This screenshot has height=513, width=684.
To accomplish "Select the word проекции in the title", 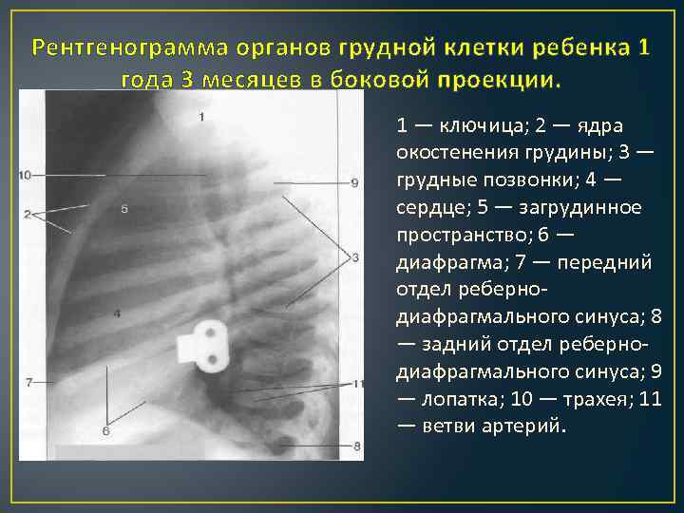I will pos(508,79).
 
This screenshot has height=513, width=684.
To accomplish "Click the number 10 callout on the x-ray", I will pos(25,175).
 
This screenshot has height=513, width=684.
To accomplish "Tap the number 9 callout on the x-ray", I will pos(353,182).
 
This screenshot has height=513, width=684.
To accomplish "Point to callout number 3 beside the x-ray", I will pos(354,257).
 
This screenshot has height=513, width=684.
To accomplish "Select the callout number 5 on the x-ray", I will pos(125,208).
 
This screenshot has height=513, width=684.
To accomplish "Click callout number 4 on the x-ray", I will pos(116,313).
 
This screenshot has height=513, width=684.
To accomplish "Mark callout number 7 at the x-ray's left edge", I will pos(28,382).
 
